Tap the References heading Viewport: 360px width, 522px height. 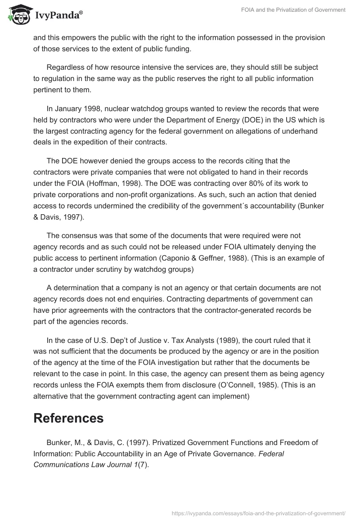point(68,418)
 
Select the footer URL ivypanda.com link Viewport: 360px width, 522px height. point(259,513)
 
